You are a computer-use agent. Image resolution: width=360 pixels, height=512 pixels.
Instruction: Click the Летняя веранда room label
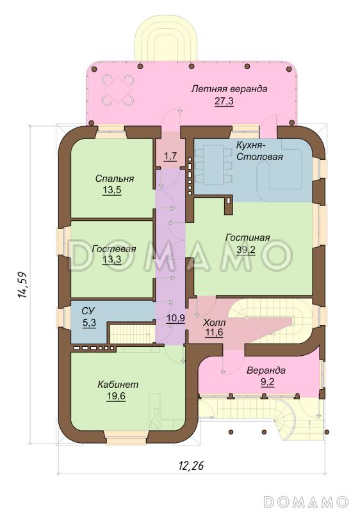[x=229, y=89]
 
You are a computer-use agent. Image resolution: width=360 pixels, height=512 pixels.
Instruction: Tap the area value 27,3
[x=224, y=102]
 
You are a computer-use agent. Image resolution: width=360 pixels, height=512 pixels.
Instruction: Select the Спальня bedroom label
[x=114, y=179]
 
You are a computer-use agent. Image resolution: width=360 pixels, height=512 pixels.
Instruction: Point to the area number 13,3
[x=111, y=260]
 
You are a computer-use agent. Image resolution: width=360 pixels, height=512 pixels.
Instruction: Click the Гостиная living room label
[x=248, y=237]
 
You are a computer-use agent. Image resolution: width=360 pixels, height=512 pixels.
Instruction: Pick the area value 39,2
[x=246, y=250]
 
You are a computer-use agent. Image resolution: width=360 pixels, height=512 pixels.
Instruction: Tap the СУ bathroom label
[x=88, y=310]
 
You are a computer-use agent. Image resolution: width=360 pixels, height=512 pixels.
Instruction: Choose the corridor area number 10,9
[x=176, y=318]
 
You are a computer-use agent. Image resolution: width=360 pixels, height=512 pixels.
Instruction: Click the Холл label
[x=215, y=323]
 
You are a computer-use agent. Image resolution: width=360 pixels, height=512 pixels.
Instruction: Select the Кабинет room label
[x=118, y=384]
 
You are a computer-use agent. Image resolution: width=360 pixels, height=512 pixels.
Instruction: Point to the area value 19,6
[x=116, y=396]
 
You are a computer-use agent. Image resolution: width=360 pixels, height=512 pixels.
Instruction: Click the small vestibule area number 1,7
[x=170, y=156]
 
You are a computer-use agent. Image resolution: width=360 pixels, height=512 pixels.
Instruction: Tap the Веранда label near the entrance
[x=266, y=371]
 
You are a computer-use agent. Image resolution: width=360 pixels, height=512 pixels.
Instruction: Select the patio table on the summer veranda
[x=118, y=90]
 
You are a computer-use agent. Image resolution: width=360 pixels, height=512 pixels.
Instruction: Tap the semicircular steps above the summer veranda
[x=167, y=44]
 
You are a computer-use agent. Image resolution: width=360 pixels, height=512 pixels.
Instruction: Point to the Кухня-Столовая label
[x=259, y=150]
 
